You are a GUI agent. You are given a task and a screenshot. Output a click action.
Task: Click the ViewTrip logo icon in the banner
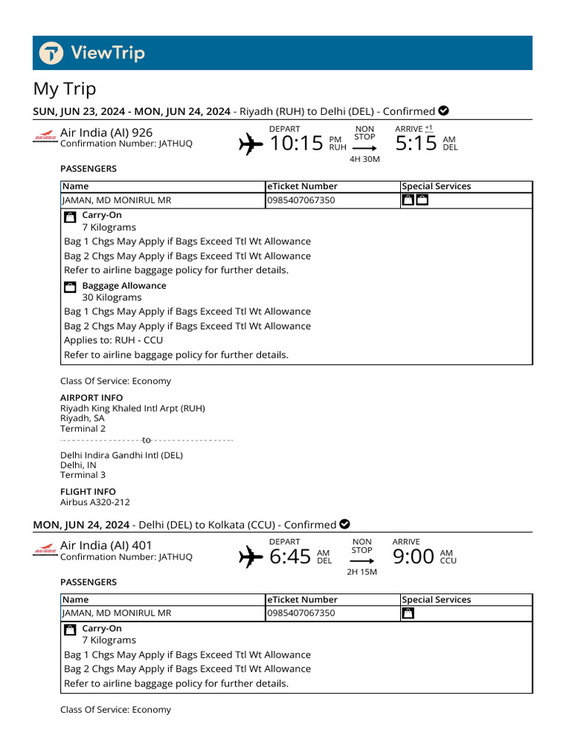pos(52,53)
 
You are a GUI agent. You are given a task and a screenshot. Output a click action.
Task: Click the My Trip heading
pos(65,89)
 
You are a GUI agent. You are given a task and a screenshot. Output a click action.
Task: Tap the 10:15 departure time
pos(296,143)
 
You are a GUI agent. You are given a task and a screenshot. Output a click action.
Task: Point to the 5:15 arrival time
pos(416,143)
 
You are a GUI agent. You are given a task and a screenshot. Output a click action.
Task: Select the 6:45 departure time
pos(290,557)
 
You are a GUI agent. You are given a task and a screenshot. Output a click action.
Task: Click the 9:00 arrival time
pos(413,557)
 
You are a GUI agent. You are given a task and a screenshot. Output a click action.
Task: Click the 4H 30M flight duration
pos(364,159)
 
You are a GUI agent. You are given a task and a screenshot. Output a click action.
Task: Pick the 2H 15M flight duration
pos(362,572)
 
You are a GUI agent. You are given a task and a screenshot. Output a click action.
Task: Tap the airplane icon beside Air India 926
pos(251,144)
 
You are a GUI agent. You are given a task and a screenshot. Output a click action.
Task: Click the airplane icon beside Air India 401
pos(251,557)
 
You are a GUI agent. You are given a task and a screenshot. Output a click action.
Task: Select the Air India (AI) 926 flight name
pos(106,132)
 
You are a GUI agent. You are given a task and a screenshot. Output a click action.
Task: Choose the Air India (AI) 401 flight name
pos(106,545)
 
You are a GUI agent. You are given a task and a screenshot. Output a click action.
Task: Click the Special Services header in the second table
pos(436,599)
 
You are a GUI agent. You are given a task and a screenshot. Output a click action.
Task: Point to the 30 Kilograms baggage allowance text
pos(111,297)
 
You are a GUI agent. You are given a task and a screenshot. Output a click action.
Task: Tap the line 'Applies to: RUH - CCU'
pos(113,340)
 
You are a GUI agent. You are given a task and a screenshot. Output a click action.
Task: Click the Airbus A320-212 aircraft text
pos(94,503)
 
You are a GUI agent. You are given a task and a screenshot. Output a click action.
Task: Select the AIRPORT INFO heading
pos(91,398)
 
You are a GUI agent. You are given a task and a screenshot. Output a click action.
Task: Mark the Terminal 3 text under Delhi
pos(83,475)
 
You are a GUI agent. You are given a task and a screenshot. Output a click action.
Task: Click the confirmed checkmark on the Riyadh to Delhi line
pos(444,111)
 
